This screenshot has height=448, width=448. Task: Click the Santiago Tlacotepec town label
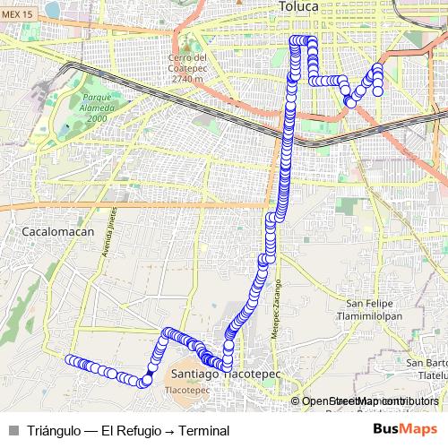pos(224,373)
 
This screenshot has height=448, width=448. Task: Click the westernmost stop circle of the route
pos(69,360)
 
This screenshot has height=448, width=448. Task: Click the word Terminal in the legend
pos(204,431)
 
